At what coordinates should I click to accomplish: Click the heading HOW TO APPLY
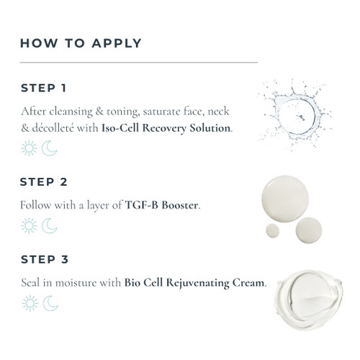(81, 43)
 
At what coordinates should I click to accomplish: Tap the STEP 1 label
(43, 88)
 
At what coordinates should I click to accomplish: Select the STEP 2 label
(43, 182)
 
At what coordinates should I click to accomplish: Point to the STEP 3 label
(45, 259)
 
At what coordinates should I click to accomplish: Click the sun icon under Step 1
(29, 148)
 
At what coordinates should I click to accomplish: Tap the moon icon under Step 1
(50, 149)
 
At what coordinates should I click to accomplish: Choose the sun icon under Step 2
(29, 226)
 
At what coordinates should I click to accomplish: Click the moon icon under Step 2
(50, 226)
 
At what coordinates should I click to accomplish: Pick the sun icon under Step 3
(30, 303)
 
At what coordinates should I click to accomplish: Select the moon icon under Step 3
(50, 304)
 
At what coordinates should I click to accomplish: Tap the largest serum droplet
(285, 199)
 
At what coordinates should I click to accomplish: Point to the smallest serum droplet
(273, 230)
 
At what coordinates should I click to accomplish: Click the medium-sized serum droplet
(309, 230)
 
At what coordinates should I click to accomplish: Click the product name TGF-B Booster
(161, 205)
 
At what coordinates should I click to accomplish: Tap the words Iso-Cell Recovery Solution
(166, 128)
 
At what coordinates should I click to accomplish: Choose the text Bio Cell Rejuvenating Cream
(194, 283)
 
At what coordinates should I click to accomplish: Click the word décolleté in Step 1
(53, 128)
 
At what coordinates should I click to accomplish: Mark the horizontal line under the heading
(139, 63)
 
